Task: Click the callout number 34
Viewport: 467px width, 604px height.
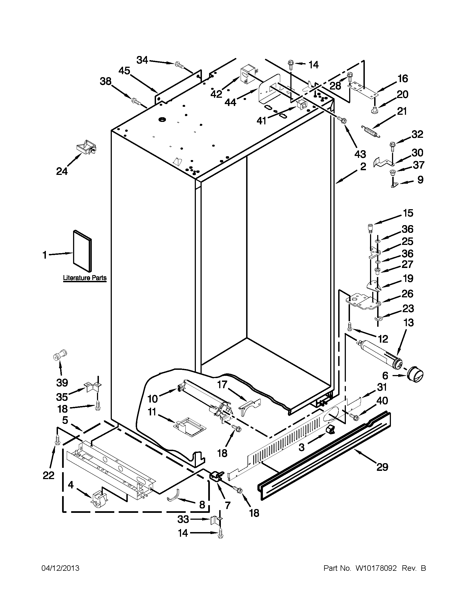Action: point(143,60)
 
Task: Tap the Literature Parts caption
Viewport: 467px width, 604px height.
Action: point(85,278)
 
